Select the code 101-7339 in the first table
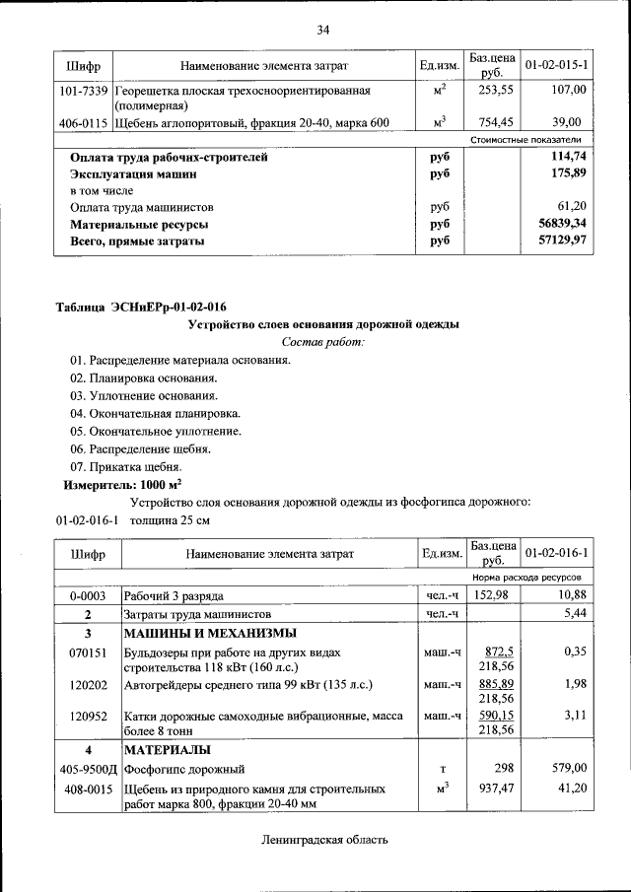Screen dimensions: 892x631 tap(83, 90)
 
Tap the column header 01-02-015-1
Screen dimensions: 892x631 tap(557, 65)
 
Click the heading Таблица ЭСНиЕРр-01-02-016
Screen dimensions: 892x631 tap(132, 308)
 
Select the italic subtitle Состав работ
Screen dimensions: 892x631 tap(322, 342)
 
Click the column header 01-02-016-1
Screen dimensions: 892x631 tap(557, 553)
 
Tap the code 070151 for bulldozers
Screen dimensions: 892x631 tap(87, 652)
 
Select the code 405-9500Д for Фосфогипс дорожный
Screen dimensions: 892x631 tap(87, 768)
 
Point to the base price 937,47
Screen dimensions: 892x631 tap(492, 789)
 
